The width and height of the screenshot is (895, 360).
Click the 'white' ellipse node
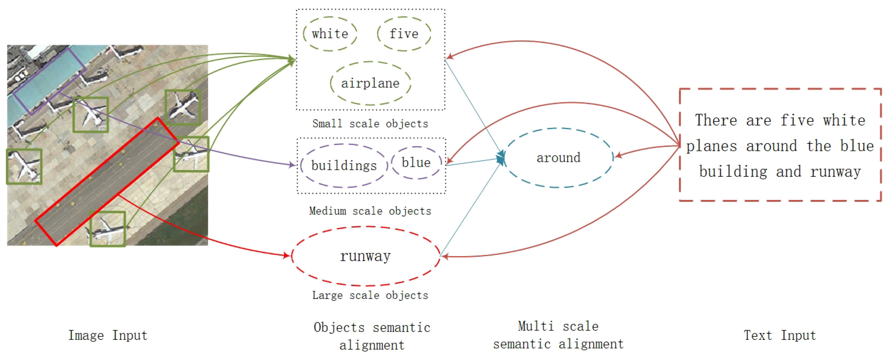coord(330,34)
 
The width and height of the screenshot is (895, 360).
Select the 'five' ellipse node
coord(404,34)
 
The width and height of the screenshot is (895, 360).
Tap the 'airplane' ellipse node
coord(370,83)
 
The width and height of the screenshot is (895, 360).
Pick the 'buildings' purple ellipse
coord(344,166)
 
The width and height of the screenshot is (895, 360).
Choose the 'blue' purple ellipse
coord(416,163)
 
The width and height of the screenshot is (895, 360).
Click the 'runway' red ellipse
coord(366,256)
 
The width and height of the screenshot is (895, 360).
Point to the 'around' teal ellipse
coord(558,158)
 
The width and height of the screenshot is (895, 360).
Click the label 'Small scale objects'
coord(370,124)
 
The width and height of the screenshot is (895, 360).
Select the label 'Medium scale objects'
coord(370,211)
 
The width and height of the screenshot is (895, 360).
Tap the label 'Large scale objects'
coord(370,295)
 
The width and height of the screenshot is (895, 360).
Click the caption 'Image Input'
coord(108,335)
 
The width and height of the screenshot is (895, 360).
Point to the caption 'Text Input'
coord(780,335)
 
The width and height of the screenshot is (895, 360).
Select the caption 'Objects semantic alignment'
coord(372,336)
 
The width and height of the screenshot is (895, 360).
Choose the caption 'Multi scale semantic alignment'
coord(558,335)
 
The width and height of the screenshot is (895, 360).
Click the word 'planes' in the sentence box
coord(711,146)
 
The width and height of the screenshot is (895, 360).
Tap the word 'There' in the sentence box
coord(716,120)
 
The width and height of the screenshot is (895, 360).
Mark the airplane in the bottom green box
coord(107,229)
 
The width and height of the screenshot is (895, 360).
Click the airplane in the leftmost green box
coord(24,167)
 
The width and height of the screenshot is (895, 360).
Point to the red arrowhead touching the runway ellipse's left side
coord(287,256)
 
